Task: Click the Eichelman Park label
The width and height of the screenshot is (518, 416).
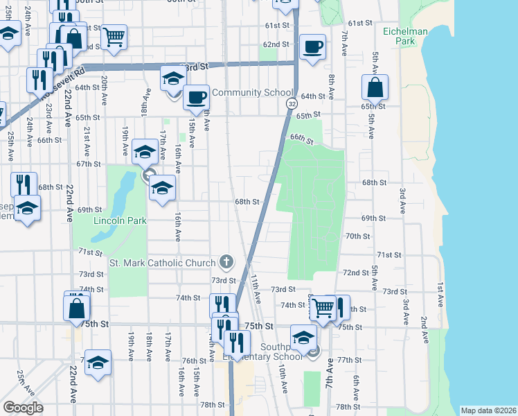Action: pyautogui.click(x=406, y=36)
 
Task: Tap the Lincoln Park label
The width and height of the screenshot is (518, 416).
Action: pyautogui.click(x=120, y=221)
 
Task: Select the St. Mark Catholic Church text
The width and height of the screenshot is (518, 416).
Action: pyautogui.click(x=163, y=263)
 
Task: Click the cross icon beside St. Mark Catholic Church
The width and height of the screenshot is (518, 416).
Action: pyautogui.click(x=226, y=262)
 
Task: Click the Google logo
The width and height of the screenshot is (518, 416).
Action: pyautogui.click(x=23, y=407)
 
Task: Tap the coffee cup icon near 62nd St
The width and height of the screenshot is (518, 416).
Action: pyautogui.click(x=312, y=47)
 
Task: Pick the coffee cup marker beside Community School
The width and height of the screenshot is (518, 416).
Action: pyautogui.click(x=197, y=96)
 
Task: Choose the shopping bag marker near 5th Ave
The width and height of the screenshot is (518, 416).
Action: pyautogui.click(x=375, y=87)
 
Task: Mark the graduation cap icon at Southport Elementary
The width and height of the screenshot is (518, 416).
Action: pyautogui.click(x=303, y=338)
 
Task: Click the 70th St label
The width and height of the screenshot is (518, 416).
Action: pyautogui.click(x=357, y=236)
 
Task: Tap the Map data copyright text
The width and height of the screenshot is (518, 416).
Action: pyautogui.click(x=488, y=410)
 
